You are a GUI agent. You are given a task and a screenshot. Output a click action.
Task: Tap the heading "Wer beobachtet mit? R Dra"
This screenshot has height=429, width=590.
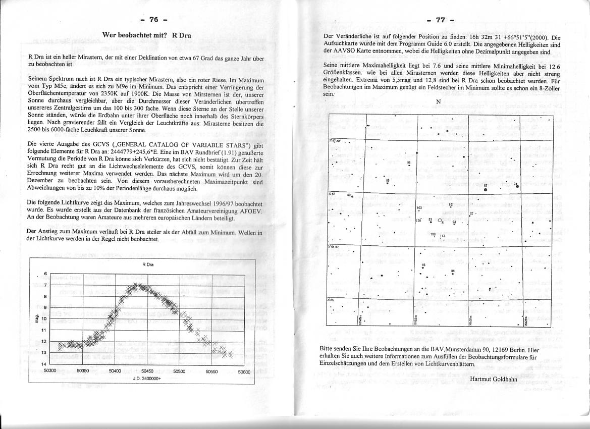[146, 35]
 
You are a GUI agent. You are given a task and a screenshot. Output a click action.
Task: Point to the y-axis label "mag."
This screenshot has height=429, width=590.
[37, 318]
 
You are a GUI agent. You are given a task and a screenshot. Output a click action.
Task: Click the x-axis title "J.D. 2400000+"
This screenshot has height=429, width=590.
[148, 379]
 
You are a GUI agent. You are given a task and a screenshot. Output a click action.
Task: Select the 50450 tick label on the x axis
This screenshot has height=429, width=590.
[147, 371]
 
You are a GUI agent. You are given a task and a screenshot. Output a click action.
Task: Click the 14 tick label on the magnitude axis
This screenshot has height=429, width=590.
[43, 364]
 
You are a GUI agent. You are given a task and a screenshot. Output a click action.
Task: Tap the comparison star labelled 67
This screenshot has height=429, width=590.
[486, 190]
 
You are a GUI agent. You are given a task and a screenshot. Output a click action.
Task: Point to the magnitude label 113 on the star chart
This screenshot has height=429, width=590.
[443, 236]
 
